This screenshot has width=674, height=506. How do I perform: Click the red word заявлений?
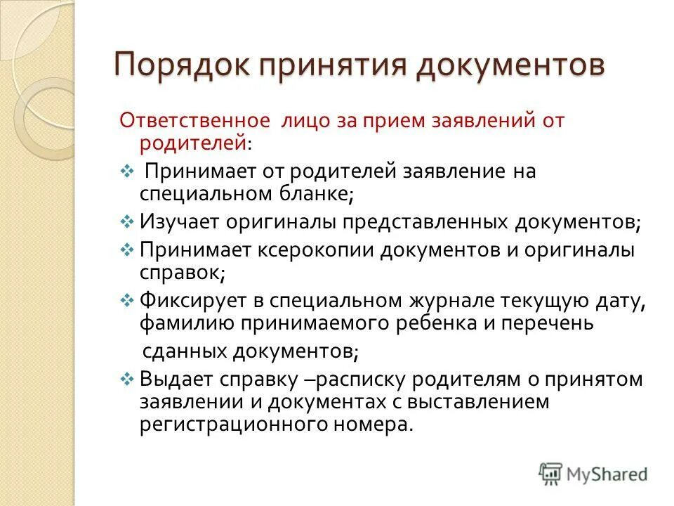(x=467, y=120)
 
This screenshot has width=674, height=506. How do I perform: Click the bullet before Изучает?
(x=127, y=221)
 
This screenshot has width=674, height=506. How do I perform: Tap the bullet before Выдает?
(x=127, y=379)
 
